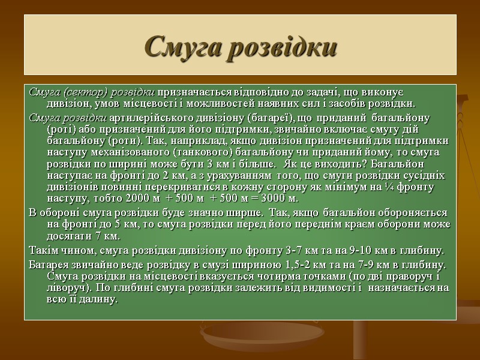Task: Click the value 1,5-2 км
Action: click(x=297, y=264)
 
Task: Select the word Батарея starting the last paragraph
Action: click(x=47, y=264)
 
